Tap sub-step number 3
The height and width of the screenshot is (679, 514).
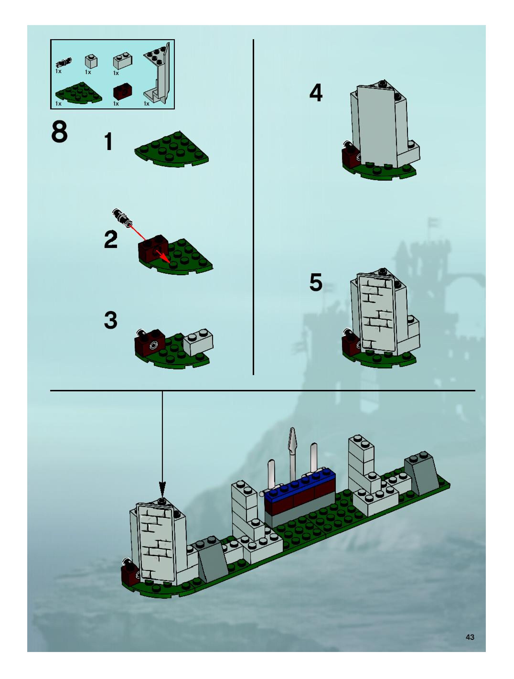111,320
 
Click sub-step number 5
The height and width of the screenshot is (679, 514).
316,282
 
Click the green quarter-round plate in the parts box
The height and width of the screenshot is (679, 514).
78,93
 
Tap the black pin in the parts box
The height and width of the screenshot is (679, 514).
64,63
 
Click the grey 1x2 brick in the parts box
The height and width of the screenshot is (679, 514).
123,61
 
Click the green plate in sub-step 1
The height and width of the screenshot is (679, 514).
171,150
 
